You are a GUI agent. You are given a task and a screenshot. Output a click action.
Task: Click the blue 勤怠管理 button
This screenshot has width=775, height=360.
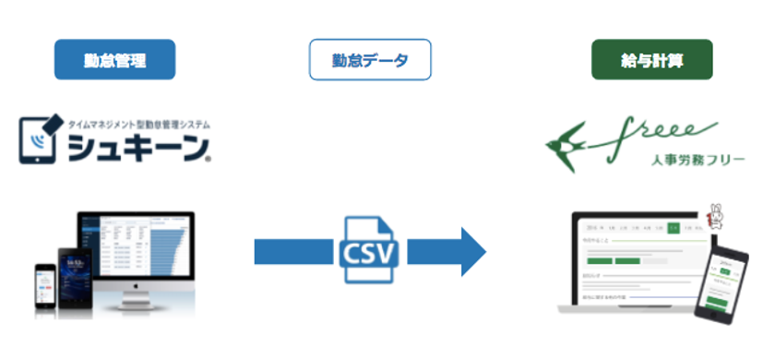pyautogui.click(x=114, y=59)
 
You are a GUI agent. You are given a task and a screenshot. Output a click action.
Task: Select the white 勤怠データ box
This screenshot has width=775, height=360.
pyautogui.click(x=369, y=59)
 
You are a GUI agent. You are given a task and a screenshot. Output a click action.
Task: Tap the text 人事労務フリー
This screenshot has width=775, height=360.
pyautogui.click(x=682, y=159)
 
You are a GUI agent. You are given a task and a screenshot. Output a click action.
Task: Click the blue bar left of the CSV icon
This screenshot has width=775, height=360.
pyautogui.click(x=293, y=250)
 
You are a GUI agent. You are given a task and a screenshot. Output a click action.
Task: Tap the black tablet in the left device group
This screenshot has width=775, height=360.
pyautogui.click(x=77, y=273)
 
